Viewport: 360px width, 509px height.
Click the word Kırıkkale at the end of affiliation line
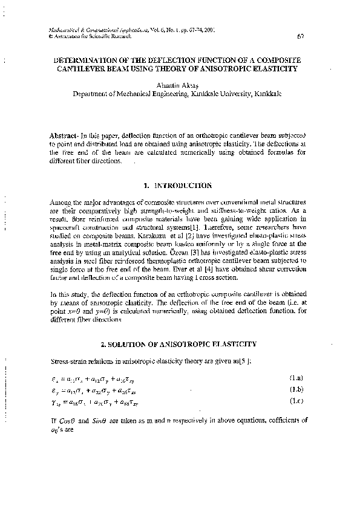point(268,94)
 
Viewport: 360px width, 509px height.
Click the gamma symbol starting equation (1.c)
point(54,401)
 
